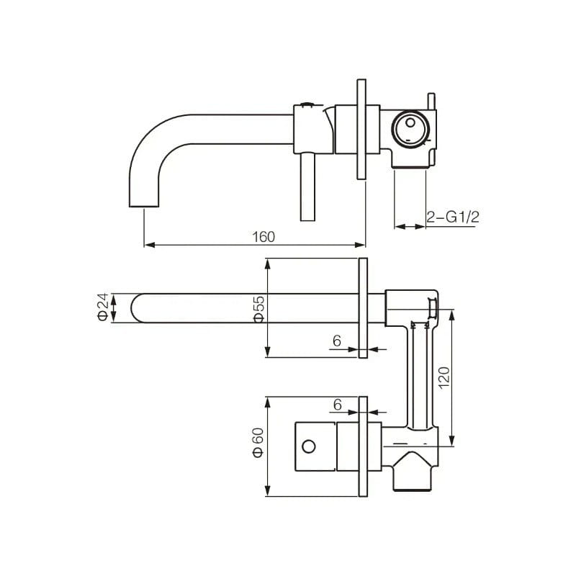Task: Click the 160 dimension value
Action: coord(264,237)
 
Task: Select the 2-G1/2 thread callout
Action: coord(453,217)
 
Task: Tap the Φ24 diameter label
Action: coord(103,307)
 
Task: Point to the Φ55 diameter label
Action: coord(259,310)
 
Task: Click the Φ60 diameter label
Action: coord(258,442)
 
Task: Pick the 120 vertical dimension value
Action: coord(444,378)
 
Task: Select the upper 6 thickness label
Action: coord(337,341)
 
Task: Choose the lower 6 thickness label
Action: coord(337,405)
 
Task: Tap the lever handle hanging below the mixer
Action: coord(307,187)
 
